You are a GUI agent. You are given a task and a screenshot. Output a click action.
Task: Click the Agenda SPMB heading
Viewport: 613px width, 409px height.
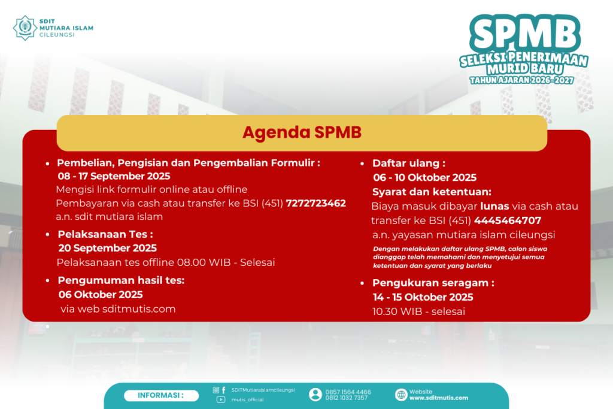[302, 132]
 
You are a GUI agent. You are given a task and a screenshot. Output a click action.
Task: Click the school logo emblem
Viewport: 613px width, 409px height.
[25, 28]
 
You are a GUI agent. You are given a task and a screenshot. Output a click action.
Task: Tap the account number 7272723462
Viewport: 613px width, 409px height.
[316, 204]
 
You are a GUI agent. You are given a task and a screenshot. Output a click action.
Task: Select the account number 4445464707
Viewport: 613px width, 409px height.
[508, 220]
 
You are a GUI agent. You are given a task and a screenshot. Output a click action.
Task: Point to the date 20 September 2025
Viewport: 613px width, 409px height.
[108, 249]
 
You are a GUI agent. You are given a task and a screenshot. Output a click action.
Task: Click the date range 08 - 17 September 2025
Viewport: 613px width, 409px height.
[114, 176]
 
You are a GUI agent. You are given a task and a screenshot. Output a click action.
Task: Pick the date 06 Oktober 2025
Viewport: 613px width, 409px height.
[101, 295]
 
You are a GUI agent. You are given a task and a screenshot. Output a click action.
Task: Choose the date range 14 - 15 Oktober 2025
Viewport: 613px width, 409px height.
[423, 297]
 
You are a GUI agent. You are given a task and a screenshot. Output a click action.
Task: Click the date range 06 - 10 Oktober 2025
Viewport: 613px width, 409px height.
[424, 177]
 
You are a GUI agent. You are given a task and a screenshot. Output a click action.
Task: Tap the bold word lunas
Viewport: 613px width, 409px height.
[494, 206]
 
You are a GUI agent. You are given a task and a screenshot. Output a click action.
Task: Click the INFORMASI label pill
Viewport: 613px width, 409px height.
[161, 396]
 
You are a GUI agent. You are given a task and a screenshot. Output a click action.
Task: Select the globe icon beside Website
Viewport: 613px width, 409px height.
[401, 395]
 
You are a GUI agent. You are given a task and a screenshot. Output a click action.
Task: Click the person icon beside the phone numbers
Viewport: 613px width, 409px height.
[315, 395]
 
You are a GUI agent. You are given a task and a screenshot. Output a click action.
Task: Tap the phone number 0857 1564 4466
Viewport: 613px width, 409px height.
[348, 392]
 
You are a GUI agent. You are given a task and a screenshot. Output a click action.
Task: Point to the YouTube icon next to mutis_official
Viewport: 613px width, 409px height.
[221, 399]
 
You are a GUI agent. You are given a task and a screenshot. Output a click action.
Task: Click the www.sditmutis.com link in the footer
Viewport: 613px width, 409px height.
[439, 398]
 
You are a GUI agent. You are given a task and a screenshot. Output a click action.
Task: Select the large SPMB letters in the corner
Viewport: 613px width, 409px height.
[526, 34]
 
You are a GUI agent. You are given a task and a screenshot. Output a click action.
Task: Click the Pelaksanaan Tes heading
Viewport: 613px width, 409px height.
[105, 234]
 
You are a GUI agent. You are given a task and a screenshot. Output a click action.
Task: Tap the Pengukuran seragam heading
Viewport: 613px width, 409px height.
[433, 283]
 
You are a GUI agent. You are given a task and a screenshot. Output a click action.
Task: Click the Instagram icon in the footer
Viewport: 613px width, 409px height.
[216, 390]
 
